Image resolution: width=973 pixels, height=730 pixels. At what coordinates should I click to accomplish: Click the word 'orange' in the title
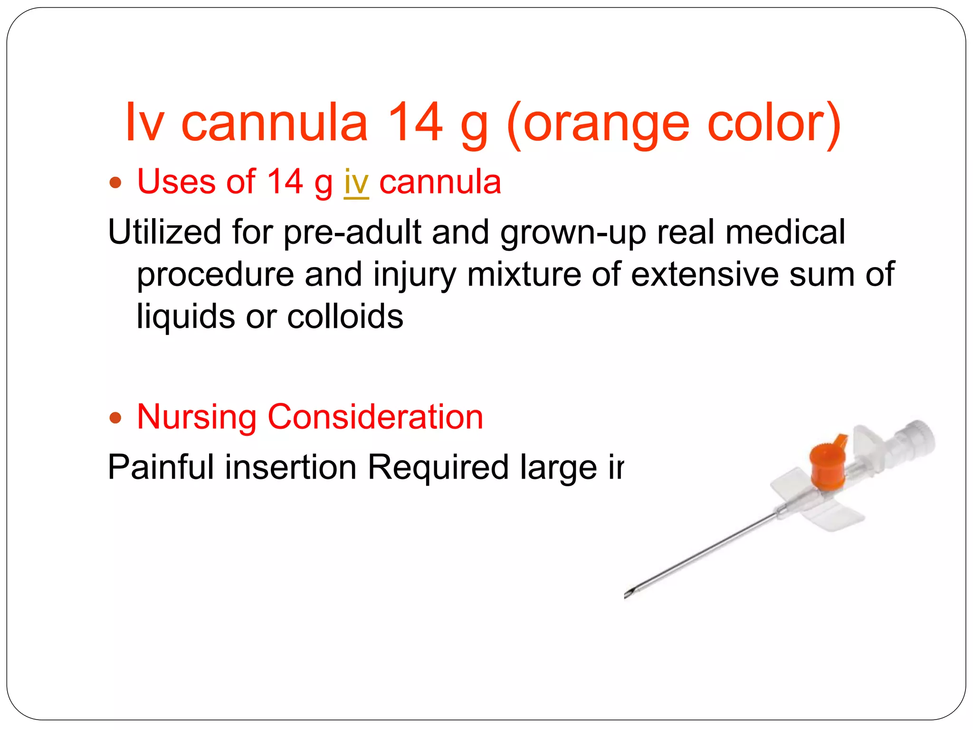click(606, 125)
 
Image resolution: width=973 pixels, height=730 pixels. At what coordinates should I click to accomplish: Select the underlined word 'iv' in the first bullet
click(356, 182)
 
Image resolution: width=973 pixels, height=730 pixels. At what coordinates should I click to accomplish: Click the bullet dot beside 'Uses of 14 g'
click(115, 182)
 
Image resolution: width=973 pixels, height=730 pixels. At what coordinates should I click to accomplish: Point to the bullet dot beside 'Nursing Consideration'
click(115, 418)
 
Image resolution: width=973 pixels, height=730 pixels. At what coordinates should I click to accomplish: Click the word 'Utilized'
click(164, 232)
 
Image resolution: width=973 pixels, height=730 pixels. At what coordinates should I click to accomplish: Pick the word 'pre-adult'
click(352, 232)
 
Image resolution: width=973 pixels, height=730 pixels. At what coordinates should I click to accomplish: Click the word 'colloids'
click(345, 317)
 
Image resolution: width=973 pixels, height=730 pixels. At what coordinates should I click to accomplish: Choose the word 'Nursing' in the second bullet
click(196, 417)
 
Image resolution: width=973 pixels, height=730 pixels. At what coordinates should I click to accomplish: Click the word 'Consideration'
click(375, 417)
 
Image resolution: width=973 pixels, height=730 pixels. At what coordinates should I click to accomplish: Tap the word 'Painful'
click(161, 467)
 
